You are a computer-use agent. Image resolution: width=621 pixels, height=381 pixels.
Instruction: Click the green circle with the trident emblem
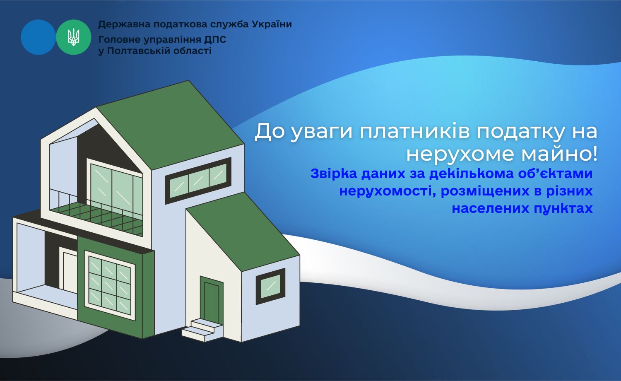click(x=73, y=37)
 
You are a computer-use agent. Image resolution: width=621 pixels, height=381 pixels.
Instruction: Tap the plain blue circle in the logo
click(x=38, y=37)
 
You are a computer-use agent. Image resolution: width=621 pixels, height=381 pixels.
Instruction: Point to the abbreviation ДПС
click(x=215, y=40)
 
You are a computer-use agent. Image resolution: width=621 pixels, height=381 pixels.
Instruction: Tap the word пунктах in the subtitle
click(x=559, y=209)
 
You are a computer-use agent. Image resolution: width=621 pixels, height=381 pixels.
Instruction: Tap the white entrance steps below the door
click(x=202, y=330)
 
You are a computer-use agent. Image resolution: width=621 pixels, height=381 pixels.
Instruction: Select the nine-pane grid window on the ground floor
click(x=110, y=285)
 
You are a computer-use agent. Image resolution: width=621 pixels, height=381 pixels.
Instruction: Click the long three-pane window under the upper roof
click(x=198, y=181)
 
